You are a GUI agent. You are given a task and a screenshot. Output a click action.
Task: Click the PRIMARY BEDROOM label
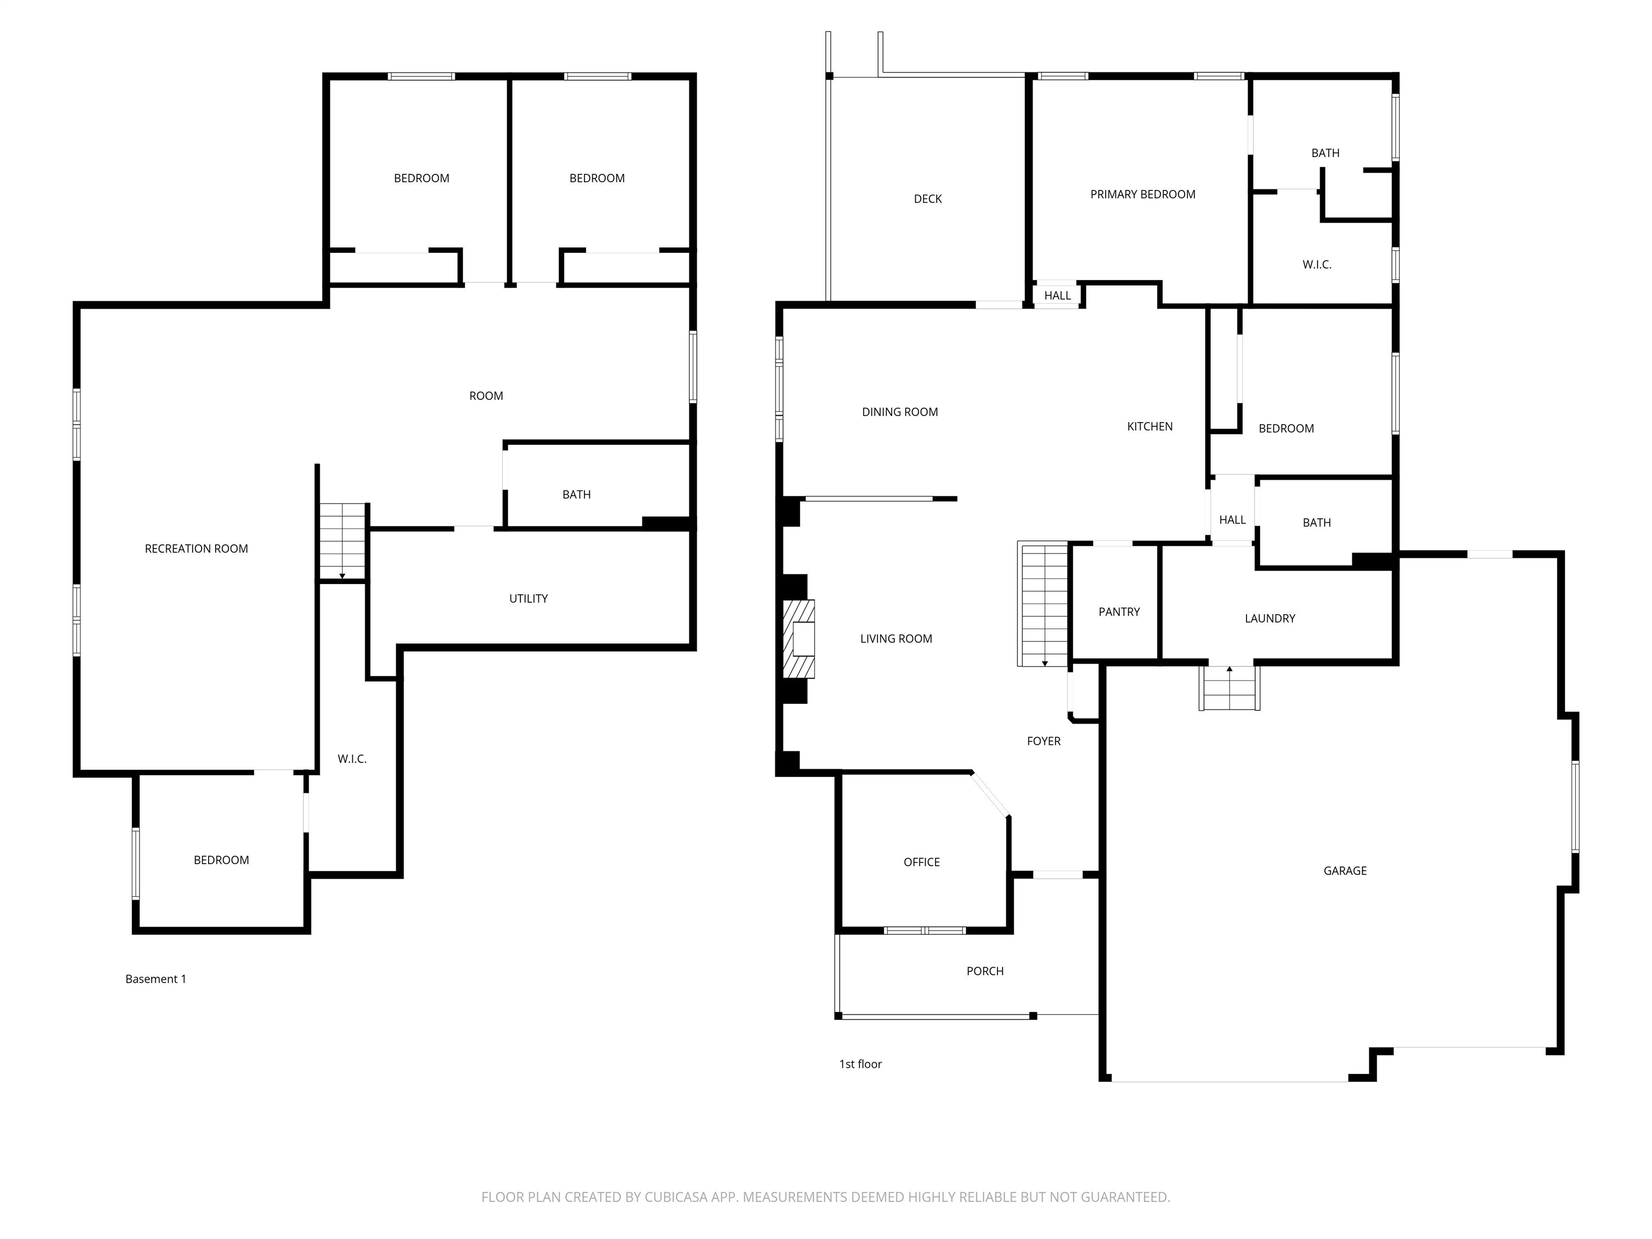(1143, 195)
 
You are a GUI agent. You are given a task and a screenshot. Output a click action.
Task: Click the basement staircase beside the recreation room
(343, 542)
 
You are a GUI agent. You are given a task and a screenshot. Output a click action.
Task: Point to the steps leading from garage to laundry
(1229, 687)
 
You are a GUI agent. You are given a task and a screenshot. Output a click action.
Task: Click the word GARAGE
(1345, 871)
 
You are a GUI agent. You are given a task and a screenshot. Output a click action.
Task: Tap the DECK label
(928, 198)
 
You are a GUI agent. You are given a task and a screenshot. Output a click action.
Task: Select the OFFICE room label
(922, 863)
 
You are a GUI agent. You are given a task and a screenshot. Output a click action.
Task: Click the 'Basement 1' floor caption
(155, 979)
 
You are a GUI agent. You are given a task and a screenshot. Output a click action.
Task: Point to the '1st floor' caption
(860, 1064)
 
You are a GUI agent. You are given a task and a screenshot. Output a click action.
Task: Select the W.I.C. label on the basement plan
(352, 759)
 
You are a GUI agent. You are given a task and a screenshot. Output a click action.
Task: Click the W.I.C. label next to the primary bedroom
(1316, 265)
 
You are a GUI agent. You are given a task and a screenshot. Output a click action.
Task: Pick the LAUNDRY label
(1270, 619)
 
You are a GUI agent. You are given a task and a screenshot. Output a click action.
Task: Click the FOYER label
(1043, 742)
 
